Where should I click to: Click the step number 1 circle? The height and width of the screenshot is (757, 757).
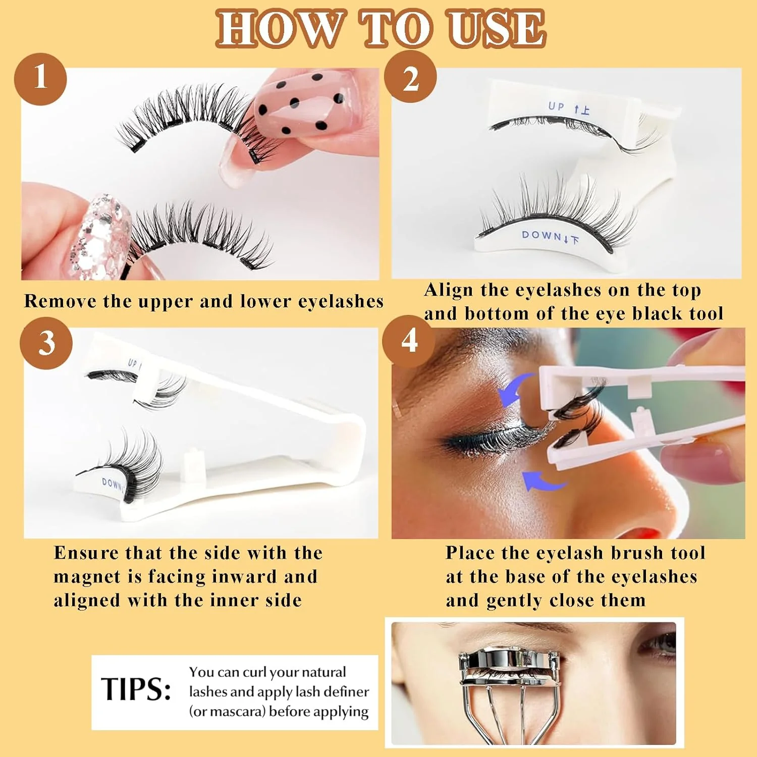40,79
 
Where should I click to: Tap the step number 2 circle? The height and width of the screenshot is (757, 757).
410,77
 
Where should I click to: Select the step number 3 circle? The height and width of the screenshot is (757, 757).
46,343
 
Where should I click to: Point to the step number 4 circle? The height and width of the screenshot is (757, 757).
409,342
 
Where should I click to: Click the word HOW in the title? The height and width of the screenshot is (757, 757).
279,29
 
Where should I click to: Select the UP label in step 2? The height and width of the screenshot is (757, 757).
556,106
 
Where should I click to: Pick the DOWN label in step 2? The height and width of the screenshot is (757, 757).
542,235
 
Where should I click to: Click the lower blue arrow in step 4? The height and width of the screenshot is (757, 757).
543,481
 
